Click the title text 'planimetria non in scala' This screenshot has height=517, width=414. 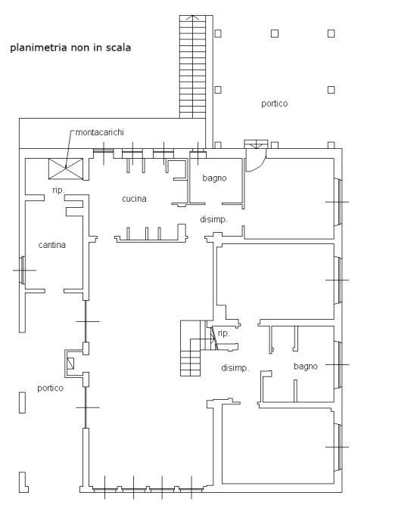point(70,48)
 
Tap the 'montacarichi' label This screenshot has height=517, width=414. point(99,132)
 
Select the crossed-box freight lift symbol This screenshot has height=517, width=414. point(60,169)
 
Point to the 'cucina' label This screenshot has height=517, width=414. point(134,200)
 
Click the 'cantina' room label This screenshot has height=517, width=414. point(51,245)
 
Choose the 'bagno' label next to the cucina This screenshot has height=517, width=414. point(215,178)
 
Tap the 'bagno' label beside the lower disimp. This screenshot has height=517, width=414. point(306,366)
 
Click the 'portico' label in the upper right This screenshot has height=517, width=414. point(274,104)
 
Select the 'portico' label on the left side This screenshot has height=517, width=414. point(50,388)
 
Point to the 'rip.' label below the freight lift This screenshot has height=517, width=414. point(58,190)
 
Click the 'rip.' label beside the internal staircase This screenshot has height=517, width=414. point(223,333)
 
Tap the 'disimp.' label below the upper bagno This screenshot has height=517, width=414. point(213,219)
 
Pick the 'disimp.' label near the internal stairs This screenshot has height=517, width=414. point(235,368)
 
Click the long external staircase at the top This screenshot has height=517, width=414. point(192,68)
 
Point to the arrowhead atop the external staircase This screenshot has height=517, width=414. point(192,18)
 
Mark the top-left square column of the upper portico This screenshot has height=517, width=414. point(218,33)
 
